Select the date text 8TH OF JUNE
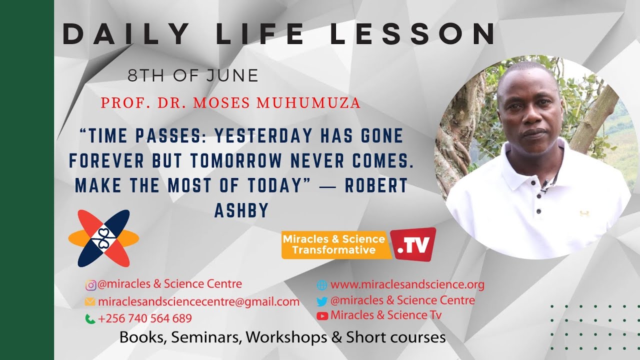click(x=193, y=76)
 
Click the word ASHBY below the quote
click(x=241, y=211)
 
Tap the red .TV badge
click(x=413, y=244)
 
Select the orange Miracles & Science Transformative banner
click(x=334, y=245)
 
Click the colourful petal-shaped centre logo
click(x=104, y=238)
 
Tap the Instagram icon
click(x=90, y=285)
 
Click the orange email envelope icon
click(x=90, y=302)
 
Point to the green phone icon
click(x=90, y=318)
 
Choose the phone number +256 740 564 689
click(x=145, y=318)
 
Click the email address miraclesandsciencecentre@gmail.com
click(x=198, y=302)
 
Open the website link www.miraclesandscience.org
click(x=407, y=285)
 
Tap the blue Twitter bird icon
click(x=322, y=301)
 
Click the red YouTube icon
click(x=322, y=315)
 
